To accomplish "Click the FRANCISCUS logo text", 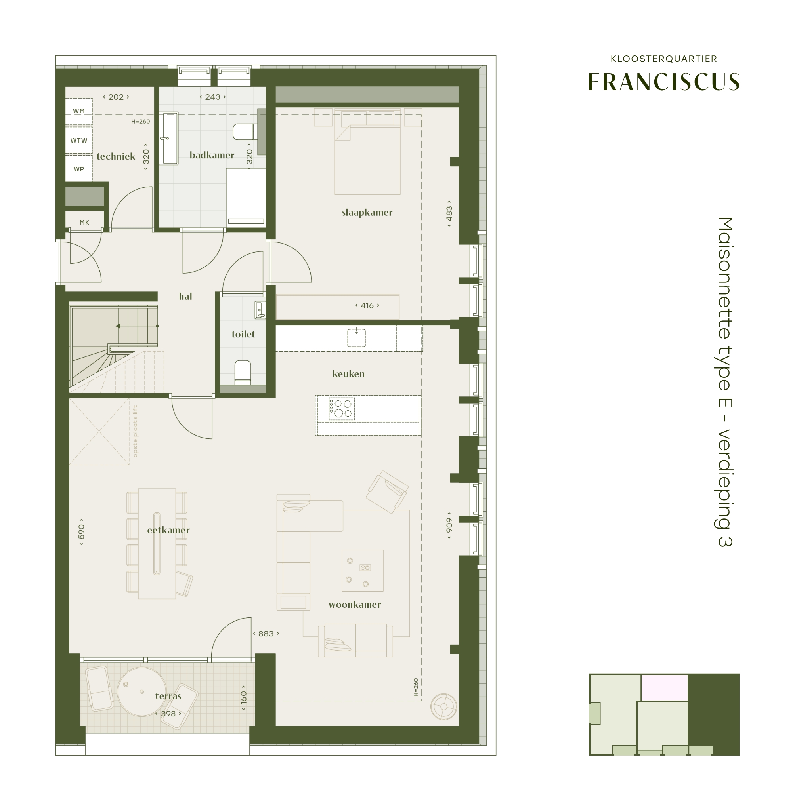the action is click(663, 82).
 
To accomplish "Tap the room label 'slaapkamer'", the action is click(367, 212).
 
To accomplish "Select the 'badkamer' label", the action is click(212, 155).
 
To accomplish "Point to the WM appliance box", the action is click(79, 111).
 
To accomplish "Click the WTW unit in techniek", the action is click(79, 140).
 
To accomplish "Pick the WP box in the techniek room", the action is click(79, 169).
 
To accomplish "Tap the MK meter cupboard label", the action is click(84, 223).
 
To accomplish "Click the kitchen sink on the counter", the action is click(356, 338).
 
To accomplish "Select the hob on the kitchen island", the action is click(342, 408).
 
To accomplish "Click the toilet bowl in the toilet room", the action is click(243, 371).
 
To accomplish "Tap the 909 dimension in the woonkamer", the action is click(449, 525).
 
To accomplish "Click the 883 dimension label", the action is click(266, 634).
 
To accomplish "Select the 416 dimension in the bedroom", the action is click(367, 305).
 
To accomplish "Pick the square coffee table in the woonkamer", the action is click(362, 571).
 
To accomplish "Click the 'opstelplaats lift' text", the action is click(135, 431).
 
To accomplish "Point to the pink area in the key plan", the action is click(664, 688).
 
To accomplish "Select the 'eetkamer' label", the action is click(168, 530).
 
